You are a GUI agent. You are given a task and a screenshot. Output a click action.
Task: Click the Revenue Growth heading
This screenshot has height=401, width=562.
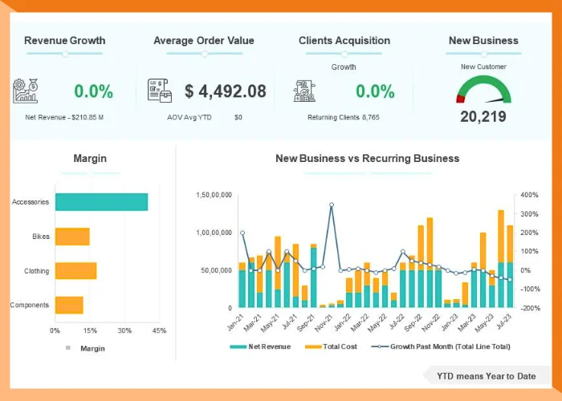click(64, 40)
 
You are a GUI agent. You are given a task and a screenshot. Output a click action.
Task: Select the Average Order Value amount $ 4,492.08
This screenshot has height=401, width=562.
click(225, 91)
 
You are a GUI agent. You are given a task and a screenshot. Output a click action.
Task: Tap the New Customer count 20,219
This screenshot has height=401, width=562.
click(483, 116)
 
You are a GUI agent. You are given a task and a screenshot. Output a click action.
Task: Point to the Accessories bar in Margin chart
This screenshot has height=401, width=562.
click(101, 202)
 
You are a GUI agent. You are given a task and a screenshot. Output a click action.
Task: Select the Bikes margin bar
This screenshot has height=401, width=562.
click(72, 237)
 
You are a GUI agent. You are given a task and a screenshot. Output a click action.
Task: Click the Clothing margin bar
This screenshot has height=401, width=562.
click(75, 271)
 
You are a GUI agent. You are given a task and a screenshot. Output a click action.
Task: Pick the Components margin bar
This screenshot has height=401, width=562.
click(69, 305)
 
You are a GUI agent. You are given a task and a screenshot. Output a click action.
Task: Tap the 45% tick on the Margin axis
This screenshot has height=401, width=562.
click(158, 330)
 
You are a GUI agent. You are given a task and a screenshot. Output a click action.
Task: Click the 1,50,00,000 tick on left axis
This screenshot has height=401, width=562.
click(214, 195)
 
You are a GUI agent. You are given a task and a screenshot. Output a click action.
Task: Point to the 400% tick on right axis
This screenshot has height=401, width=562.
click(529, 195)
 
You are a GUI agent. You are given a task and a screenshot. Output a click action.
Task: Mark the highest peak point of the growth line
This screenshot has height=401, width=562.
click(332, 205)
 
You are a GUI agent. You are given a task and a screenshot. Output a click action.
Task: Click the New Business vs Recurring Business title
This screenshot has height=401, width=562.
click(367, 159)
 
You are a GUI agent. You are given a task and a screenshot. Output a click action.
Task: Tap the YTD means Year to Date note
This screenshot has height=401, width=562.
click(486, 375)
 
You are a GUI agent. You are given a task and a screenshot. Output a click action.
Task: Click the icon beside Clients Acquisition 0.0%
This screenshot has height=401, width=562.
click(304, 91)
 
